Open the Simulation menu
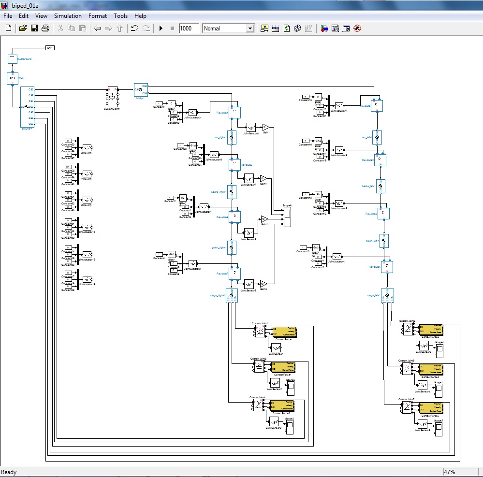(68, 16)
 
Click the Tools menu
(120, 16)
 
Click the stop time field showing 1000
(188, 29)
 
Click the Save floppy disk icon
(34, 29)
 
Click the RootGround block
(13, 59)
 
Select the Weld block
(13, 78)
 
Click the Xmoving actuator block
(87, 148)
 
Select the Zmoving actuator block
(87, 200)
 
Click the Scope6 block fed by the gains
(287, 217)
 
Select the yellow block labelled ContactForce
(284, 332)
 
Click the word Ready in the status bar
(9, 472)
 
